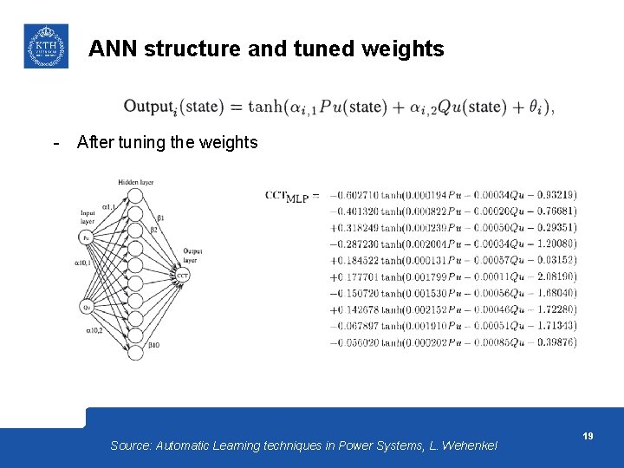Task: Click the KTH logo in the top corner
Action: tap(45, 46)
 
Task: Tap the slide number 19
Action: tap(588, 436)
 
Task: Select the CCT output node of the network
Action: tap(183, 276)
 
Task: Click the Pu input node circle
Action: tap(87, 237)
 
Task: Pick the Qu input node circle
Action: tap(87, 306)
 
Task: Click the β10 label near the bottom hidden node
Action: tap(153, 345)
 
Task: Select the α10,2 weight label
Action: tap(94, 330)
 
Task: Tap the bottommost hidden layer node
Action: tap(135, 353)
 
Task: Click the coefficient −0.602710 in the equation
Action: tap(354, 195)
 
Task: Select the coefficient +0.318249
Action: tap(354, 228)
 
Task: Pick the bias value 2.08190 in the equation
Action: tap(556, 277)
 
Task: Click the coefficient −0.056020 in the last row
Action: tap(354, 342)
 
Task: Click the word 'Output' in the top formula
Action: tap(149, 107)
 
